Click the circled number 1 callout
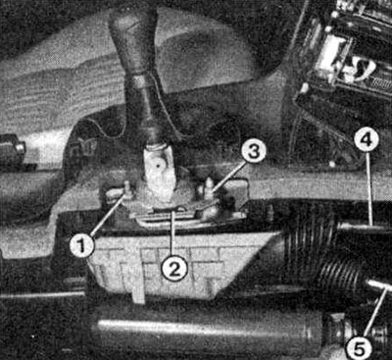(81, 246)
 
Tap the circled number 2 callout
(174, 270)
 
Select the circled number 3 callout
(254, 153)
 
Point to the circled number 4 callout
(367, 141)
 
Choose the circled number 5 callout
(359, 348)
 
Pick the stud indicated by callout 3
(207, 189)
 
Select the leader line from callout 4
(369, 189)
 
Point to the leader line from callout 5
(375, 312)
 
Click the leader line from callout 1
(108, 215)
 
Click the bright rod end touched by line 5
(379, 284)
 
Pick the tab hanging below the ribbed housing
(138, 293)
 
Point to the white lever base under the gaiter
(158, 174)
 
